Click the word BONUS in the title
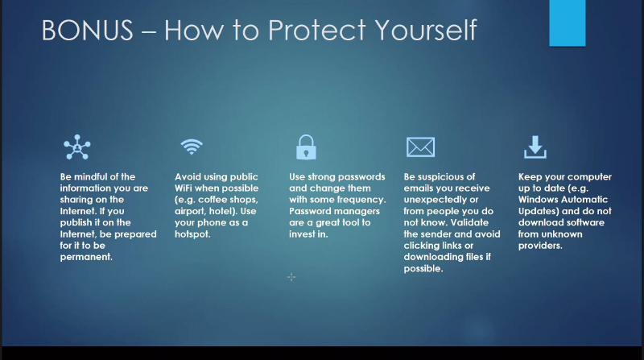88,30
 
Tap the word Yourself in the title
426,30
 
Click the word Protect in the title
316,30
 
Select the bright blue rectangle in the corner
568,23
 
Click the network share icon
76,147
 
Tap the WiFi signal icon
192,147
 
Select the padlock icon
306,147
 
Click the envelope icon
420,147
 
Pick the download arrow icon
535,147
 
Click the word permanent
86,257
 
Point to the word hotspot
192,234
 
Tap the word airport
189,212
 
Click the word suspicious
439,177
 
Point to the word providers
540,246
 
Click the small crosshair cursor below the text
291,277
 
